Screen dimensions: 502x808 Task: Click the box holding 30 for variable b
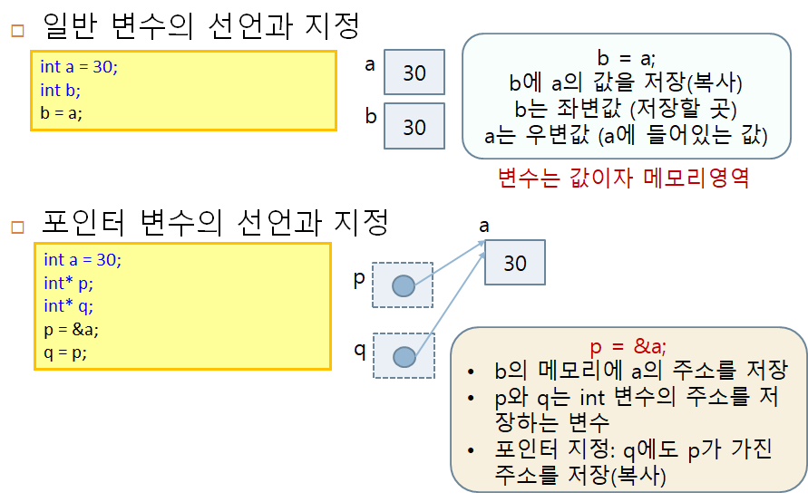tap(414, 126)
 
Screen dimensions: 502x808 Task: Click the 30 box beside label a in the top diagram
tap(414, 72)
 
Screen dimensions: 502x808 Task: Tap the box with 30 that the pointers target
tap(514, 263)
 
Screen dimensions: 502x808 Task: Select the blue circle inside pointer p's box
tap(404, 286)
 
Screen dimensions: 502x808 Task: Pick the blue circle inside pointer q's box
tap(404, 356)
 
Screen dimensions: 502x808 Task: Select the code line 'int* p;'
tap(68, 284)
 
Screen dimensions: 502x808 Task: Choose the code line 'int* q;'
tap(68, 306)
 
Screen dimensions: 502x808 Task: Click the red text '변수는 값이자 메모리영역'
tap(623, 177)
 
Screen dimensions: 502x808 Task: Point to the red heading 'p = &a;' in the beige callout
tap(628, 346)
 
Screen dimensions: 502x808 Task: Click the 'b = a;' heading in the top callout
tap(626, 58)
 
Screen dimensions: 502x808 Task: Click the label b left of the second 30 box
tap(370, 117)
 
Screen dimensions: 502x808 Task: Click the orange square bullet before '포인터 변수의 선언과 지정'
tap(16, 224)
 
